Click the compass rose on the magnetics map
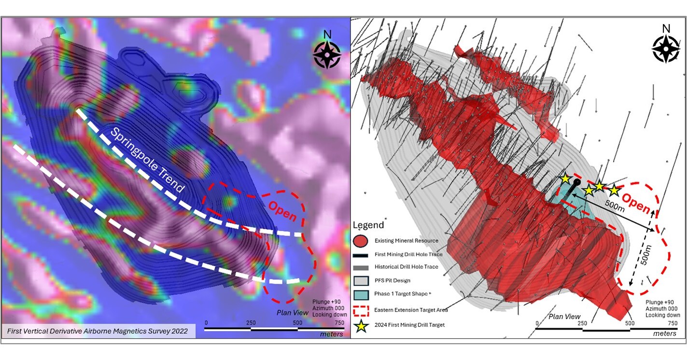327,54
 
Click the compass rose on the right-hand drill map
666,48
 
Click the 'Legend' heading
369,225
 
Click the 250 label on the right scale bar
582,323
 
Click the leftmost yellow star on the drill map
565,179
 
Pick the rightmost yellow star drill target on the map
614,190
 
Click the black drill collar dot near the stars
576,182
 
